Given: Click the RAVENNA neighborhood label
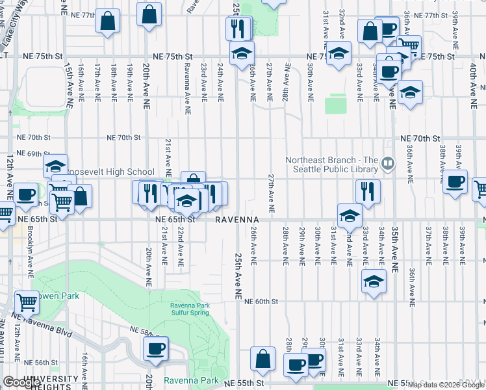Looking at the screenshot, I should point(242,220).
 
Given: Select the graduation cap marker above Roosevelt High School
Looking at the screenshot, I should point(56,165).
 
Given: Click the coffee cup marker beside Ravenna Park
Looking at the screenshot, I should point(156,348).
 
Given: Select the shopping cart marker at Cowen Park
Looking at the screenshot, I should point(27,301).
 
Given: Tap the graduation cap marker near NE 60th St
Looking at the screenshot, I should point(373,282).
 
